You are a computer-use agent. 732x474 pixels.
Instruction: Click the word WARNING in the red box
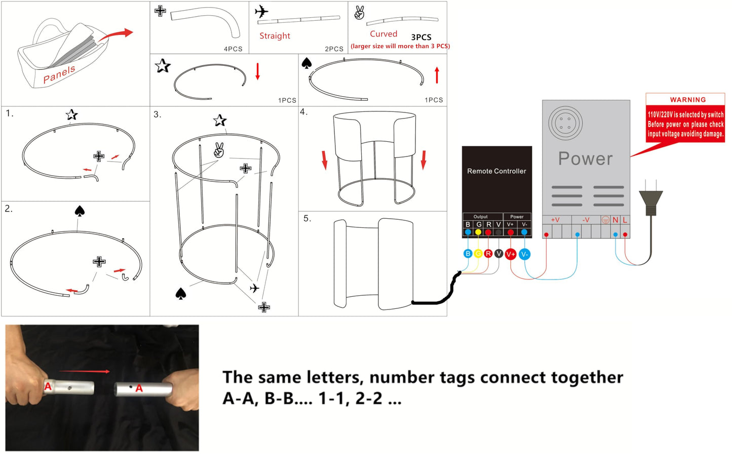[688, 100]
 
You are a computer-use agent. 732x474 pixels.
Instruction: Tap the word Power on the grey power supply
[585, 159]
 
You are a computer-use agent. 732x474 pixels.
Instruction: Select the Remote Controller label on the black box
[496, 171]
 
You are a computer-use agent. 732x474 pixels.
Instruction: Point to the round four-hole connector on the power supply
[565, 123]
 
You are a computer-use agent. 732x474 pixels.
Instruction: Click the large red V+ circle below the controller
[511, 254]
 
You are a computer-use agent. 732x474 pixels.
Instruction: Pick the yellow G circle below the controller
[478, 254]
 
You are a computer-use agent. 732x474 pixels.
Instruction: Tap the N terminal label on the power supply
[615, 220]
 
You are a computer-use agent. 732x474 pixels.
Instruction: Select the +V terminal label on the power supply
[555, 220]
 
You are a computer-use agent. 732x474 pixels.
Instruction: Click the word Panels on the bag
[59, 74]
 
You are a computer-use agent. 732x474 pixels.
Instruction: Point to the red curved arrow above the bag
[116, 34]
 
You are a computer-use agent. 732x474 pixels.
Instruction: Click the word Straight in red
[275, 35]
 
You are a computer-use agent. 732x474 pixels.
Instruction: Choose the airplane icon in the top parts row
[261, 12]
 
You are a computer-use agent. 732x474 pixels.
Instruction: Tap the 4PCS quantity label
[233, 49]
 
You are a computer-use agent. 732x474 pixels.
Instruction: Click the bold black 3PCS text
[421, 37]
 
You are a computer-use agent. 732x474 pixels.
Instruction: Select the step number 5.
[307, 218]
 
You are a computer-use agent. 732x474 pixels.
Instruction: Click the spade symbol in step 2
[80, 211]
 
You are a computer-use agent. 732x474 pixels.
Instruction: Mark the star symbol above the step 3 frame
[220, 121]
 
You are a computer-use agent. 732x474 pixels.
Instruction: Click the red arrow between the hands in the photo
[84, 371]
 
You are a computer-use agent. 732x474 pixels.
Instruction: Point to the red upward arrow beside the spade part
[437, 75]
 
